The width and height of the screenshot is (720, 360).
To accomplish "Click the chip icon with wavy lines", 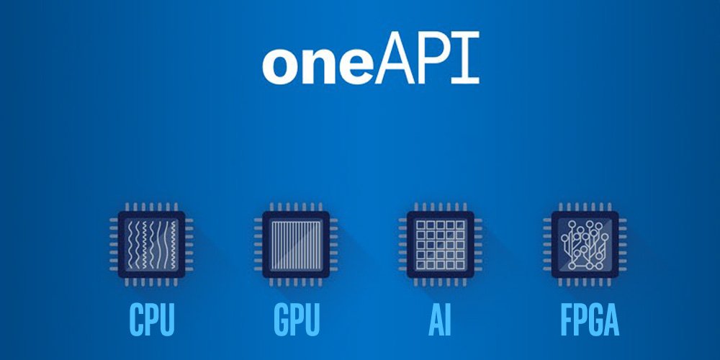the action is pos(151,245).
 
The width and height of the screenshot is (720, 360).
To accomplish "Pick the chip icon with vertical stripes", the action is pos(295,245).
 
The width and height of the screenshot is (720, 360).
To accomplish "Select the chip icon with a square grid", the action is pos(439,245).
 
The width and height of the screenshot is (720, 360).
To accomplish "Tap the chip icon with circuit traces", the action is pos(584,245).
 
